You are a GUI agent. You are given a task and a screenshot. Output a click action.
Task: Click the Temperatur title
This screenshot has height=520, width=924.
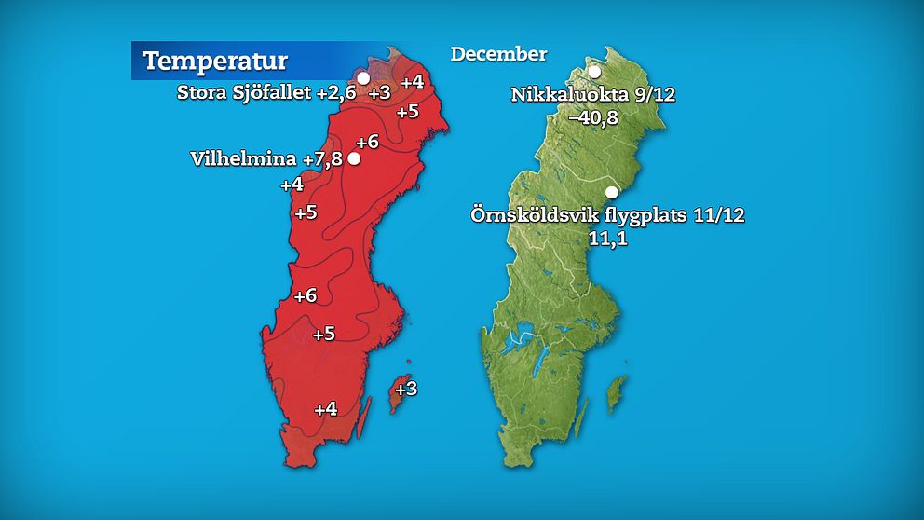point(215,62)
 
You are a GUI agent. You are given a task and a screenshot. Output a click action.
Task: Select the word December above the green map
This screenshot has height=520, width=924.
point(498,54)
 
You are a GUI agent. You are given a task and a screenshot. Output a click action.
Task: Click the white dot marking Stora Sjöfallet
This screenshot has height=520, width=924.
point(363,77)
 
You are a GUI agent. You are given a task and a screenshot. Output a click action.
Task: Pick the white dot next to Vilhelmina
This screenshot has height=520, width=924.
point(354,158)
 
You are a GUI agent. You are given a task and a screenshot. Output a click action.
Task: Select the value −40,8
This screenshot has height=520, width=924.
point(595,117)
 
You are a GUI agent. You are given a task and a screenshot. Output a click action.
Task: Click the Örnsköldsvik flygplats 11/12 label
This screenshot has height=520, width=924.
point(608,215)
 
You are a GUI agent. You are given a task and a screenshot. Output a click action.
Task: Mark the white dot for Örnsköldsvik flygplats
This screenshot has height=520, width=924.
point(612,193)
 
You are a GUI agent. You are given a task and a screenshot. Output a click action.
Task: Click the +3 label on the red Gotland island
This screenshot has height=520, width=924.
point(406,389)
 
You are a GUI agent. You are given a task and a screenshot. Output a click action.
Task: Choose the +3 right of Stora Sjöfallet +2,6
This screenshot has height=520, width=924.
point(379,92)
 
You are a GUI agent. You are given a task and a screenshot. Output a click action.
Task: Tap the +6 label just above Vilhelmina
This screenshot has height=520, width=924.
point(368,142)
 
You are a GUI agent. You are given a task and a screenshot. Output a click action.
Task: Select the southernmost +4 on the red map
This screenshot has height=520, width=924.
point(325,408)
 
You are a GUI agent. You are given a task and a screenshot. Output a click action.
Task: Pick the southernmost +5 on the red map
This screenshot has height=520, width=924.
point(323,334)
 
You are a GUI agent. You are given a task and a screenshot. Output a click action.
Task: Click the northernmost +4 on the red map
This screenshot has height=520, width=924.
point(413,82)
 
